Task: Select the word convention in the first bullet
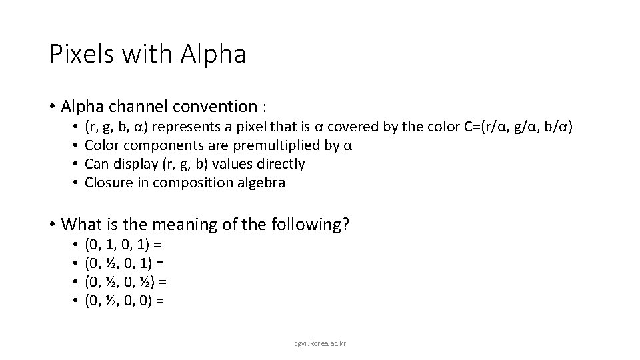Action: (x=218, y=106)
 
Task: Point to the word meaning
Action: (x=200, y=225)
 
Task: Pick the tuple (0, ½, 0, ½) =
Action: (x=126, y=283)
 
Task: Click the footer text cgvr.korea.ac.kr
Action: (x=319, y=343)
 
